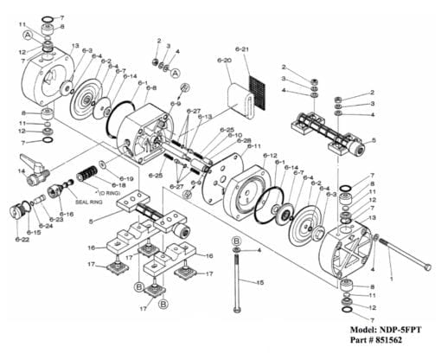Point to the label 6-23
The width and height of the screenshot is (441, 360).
tap(56, 220)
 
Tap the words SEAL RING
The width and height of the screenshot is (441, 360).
tap(90, 202)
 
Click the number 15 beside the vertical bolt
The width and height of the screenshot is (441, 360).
tap(259, 282)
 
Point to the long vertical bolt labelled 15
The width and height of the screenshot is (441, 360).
tap(235, 281)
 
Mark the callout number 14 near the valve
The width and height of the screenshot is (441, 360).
tap(20, 171)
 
